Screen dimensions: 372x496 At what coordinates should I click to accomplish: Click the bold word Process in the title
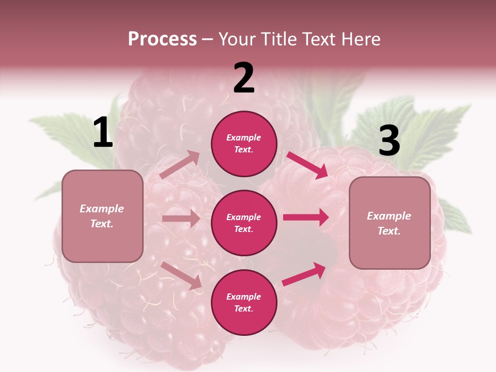[162, 39]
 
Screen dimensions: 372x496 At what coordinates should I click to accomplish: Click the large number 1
[103, 133]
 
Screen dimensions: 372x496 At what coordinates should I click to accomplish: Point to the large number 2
[244, 78]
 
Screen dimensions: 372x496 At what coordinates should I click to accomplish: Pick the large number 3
[389, 141]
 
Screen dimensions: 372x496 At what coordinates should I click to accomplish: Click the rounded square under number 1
[102, 216]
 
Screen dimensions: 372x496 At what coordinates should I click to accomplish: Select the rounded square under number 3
[390, 223]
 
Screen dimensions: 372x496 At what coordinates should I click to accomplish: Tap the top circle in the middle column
[244, 144]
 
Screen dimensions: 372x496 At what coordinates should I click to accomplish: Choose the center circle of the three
[244, 223]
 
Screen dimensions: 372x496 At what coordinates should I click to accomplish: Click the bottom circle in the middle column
[244, 302]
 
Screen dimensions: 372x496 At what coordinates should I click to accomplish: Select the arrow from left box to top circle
[180, 164]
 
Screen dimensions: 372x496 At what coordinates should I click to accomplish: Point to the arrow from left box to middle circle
[181, 219]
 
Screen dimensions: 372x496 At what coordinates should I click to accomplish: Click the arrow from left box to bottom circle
[181, 275]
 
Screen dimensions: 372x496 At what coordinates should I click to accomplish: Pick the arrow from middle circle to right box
[306, 218]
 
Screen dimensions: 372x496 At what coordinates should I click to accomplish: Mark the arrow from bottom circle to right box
[304, 274]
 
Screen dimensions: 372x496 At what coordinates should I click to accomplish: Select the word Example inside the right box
[389, 216]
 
